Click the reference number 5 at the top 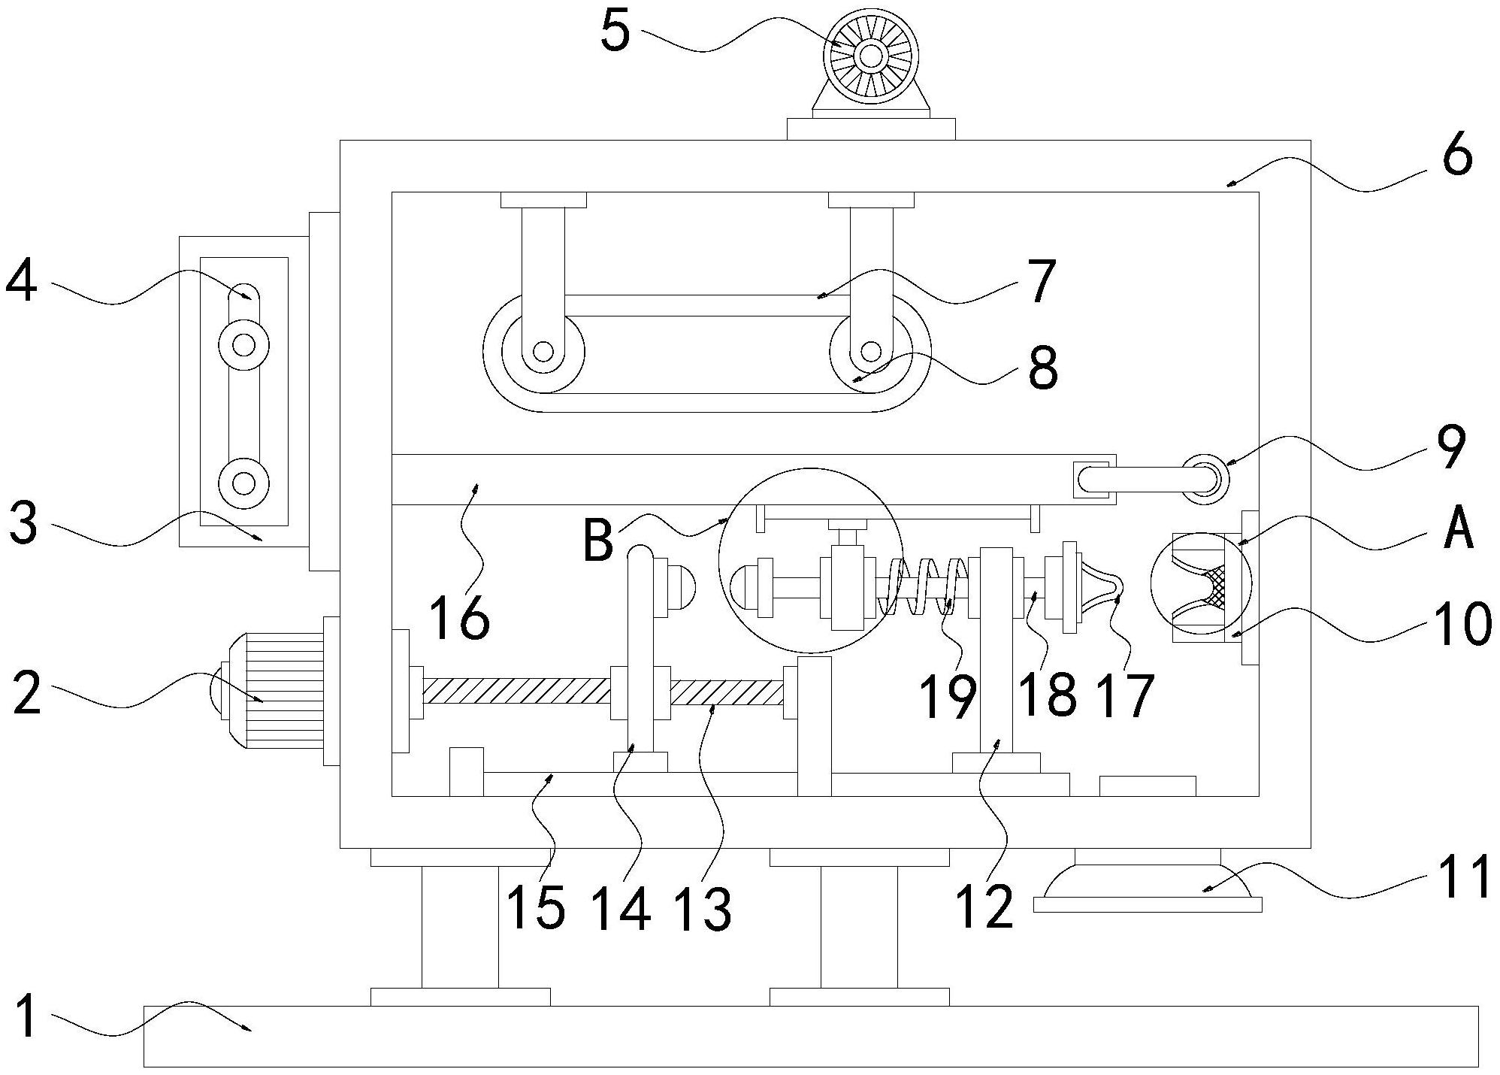click(615, 32)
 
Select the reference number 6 click(1458, 157)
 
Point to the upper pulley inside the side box click(243, 345)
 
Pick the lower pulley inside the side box click(243, 482)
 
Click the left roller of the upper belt click(543, 351)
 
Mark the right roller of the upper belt click(870, 351)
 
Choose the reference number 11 click(1468, 877)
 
